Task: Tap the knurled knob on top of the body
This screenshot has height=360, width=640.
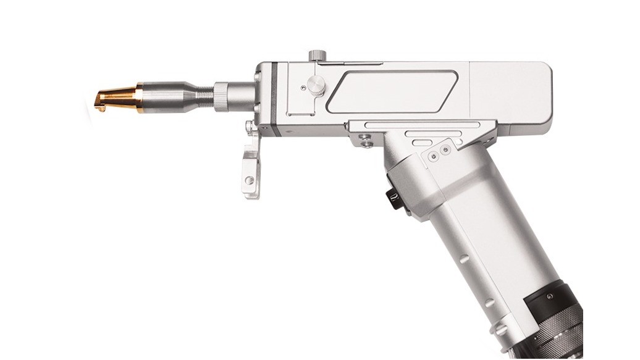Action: (318, 56)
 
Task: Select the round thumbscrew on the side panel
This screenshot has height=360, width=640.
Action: (316, 86)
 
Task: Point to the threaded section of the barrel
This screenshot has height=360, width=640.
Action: (202, 96)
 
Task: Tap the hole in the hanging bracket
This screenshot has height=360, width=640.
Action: (249, 180)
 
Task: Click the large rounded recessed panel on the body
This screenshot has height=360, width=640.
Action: (392, 91)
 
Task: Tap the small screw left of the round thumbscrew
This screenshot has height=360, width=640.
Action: (303, 88)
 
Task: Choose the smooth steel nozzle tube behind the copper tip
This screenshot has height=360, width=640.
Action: (164, 97)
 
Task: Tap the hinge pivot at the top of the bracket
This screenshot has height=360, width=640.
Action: (250, 128)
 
